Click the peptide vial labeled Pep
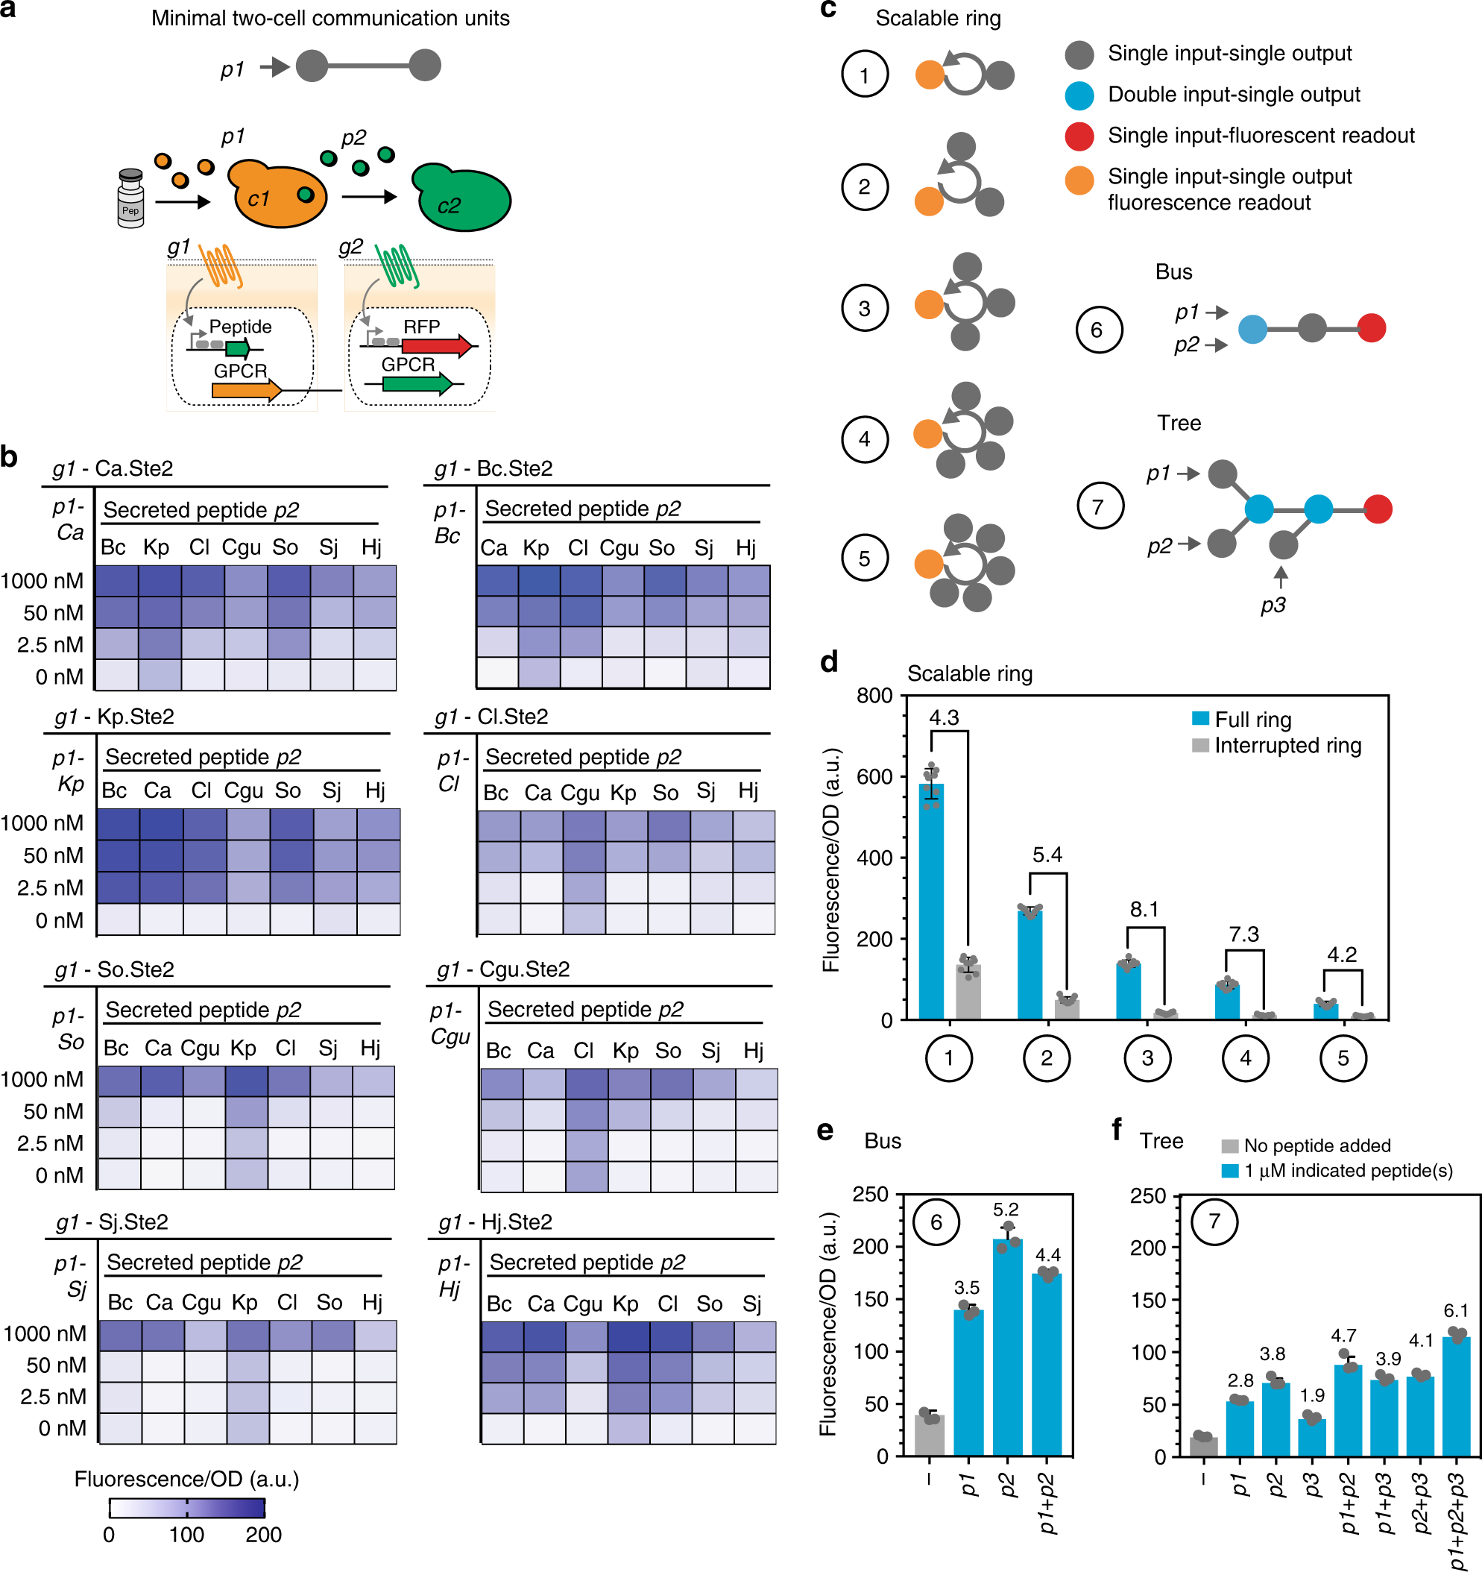pos(130,198)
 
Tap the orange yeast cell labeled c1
pos(276,197)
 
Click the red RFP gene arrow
pos(435,345)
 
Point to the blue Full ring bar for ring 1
pos(930,902)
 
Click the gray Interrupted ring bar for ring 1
pos(968,992)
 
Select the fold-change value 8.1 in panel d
pos(1144,909)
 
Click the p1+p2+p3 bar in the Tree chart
pos(1456,1397)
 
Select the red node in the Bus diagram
pos(1372,327)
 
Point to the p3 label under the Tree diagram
pos(1273,605)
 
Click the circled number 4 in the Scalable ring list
pos(865,439)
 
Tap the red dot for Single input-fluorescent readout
pos(1079,136)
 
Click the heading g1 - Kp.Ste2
pos(114,717)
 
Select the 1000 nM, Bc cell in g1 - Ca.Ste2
pos(116,581)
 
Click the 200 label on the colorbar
pos(263,1535)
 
